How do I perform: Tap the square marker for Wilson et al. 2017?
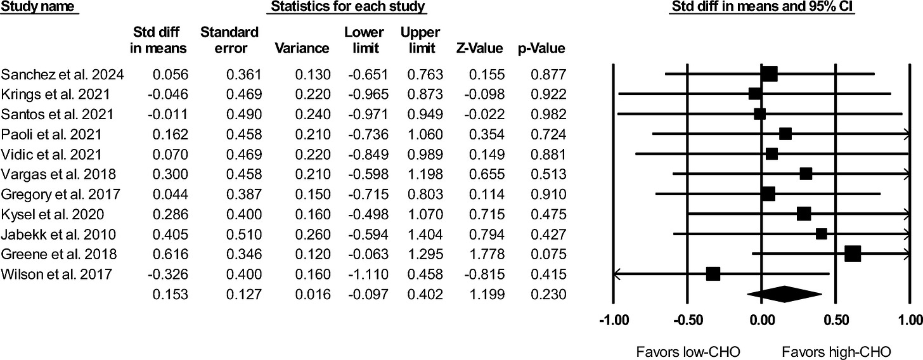coord(713,274)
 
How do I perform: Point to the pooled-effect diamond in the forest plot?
coord(785,294)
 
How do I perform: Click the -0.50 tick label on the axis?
coord(687,319)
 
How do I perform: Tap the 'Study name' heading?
coord(39,8)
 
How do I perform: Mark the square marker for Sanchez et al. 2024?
coord(769,74)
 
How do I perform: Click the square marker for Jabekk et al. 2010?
coord(821,234)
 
